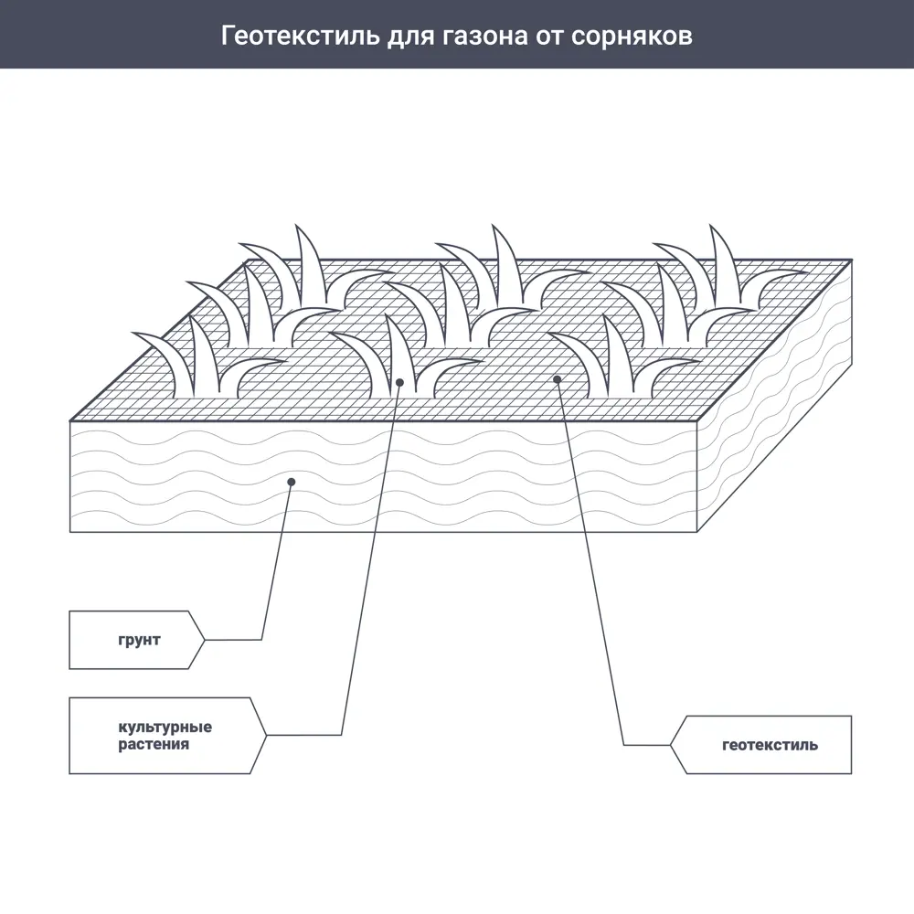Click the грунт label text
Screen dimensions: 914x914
click(138, 640)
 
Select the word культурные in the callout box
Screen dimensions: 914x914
click(165, 728)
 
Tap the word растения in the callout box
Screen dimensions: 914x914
click(154, 745)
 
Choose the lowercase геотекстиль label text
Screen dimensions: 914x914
click(770, 745)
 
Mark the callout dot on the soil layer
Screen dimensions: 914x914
click(291, 480)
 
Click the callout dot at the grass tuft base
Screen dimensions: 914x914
click(399, 382)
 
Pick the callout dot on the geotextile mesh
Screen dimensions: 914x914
click(557, 378)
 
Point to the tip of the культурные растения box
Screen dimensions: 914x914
click(267, 735)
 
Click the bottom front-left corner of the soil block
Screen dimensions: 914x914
click(70, 531)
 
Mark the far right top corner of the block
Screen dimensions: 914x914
click(852, 260)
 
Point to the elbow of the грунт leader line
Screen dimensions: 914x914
click(262, 640)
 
